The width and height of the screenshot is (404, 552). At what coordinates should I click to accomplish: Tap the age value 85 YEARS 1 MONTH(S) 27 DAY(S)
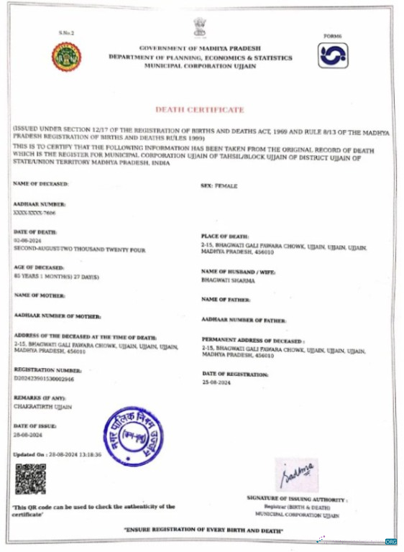tap(55, 276)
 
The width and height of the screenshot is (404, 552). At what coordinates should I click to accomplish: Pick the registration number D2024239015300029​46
tap(43, 378)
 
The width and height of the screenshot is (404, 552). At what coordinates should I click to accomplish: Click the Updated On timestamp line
tap(58, 455)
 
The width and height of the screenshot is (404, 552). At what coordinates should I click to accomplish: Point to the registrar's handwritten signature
tap(297, 475)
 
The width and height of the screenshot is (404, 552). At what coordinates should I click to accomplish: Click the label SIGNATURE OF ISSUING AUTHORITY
tap(297, 498)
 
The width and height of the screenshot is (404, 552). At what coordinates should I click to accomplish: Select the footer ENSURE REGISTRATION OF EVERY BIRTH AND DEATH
tap(203, 530)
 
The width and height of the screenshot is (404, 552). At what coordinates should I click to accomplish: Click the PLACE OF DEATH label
tap(225, 236)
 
